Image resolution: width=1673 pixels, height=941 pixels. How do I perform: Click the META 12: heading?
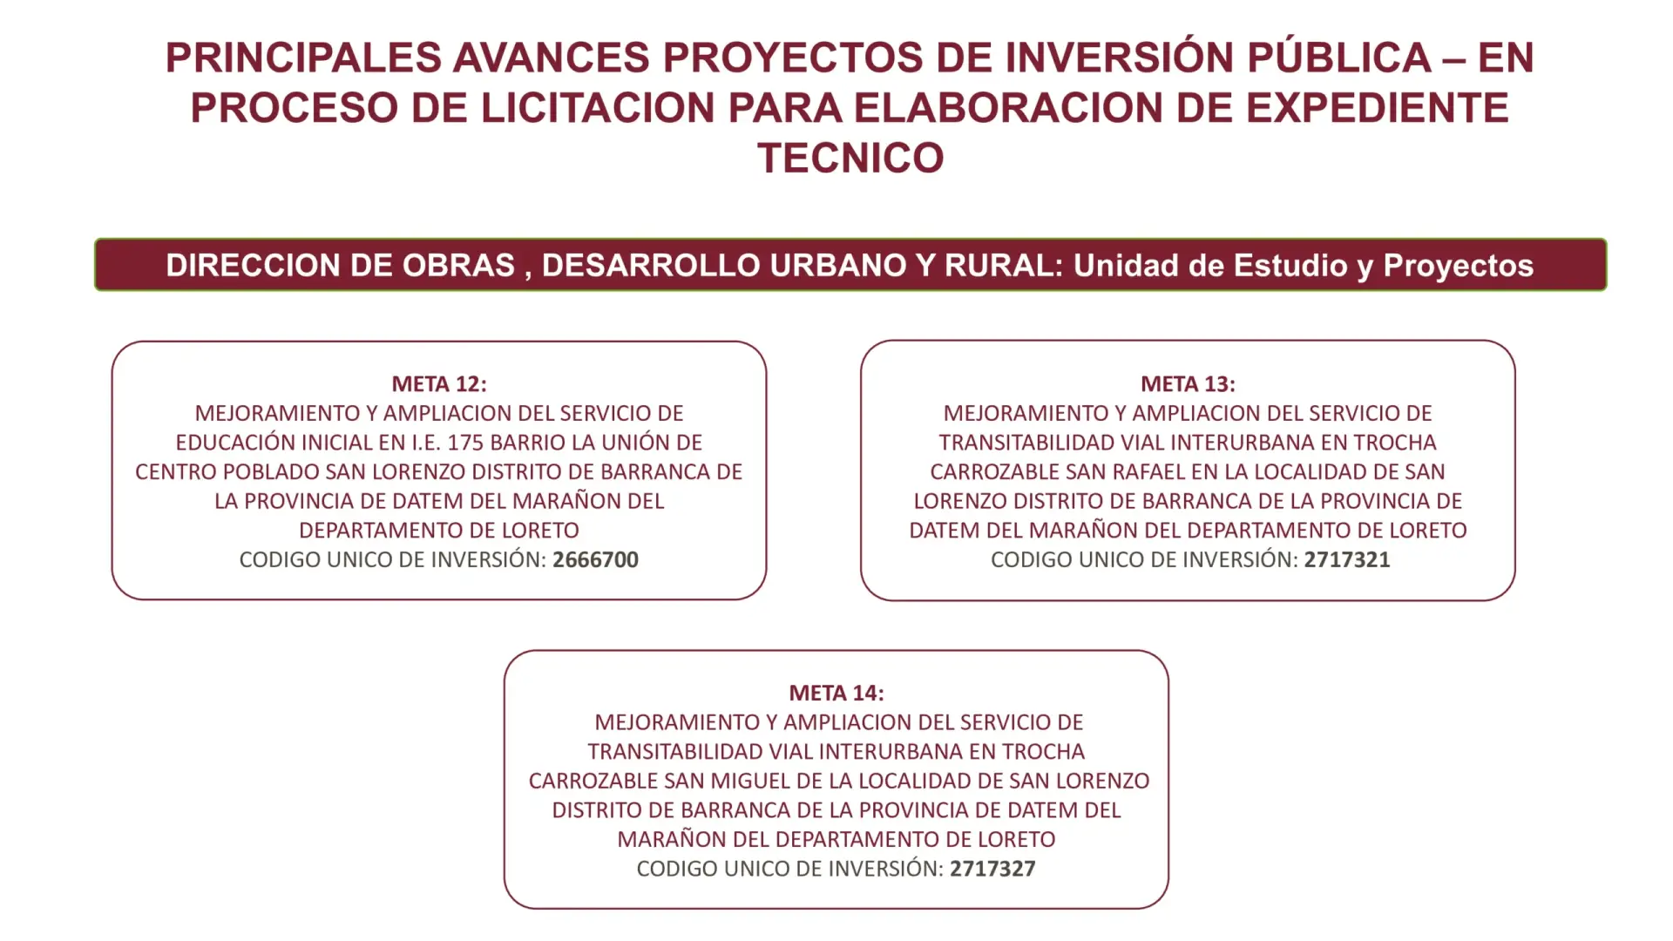(x=439, y=384)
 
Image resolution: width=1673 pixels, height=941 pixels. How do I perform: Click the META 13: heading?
(x=1188, y=384)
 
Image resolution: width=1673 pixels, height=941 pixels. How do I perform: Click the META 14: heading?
(x=836, y=694)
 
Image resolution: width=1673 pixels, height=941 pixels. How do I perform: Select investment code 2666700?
(x=596, y=559)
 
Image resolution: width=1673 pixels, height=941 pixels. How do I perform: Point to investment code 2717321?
(x=1347, y=559)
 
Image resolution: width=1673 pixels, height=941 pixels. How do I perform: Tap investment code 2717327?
(x=992, y=869)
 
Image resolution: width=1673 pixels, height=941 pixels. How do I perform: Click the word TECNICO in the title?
(x=850, y=159)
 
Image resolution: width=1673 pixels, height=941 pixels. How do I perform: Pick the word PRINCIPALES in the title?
(x=304, y=58)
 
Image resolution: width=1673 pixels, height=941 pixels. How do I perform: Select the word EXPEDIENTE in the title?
(x=1378, y=108)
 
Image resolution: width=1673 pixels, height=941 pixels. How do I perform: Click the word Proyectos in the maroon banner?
(x=1459, y=266)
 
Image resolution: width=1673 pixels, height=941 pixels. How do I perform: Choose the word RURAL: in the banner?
(x=1004, y=266)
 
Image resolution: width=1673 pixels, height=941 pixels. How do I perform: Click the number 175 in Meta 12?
(x=466, y=443)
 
